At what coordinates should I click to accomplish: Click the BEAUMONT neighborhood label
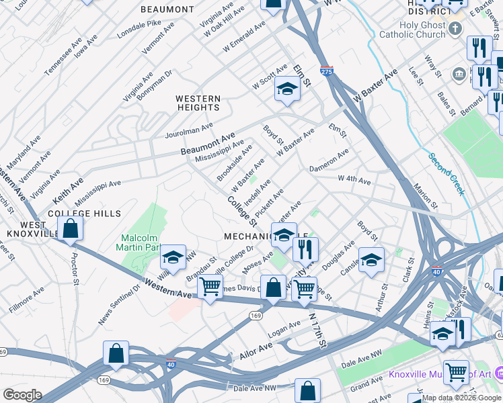click(x=167, y=9)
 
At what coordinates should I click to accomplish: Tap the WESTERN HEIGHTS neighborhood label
click(x=198, y=103)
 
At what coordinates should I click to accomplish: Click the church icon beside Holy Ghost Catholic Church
click(x=457, y=29)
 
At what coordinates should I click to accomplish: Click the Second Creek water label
click(x=446, y=173)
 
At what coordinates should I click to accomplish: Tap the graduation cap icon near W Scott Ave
click(x=287, y=89)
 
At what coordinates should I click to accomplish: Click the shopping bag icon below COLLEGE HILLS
click(x=71, y=230)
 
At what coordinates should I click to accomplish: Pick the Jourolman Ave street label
click(x=189, y=130)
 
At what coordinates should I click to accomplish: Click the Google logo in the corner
click(x=22, y=395)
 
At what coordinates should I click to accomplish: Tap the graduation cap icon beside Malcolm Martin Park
click(x=173, y=258)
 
